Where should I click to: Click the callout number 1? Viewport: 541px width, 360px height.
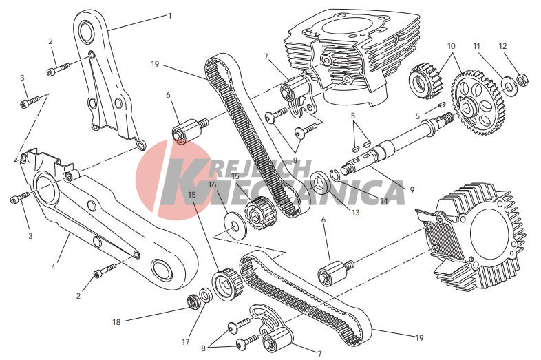pos(169,16)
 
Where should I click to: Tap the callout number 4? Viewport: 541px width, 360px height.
pos(53,267)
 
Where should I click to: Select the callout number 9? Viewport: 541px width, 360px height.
pos(412,189)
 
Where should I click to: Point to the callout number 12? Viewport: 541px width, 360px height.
pos(502,45)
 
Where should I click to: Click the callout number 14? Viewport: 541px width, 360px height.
pos(384,200)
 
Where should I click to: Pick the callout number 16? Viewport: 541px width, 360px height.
pos(212,184)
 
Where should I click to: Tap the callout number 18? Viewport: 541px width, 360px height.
pos(116,322)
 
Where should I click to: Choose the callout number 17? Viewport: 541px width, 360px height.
pos(186,342)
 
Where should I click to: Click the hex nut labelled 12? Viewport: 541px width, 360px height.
pos(521,80)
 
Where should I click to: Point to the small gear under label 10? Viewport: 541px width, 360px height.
pos(426,81)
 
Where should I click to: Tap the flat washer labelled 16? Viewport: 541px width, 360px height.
pos(235,225)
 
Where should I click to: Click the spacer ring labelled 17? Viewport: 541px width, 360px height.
pos(206,296)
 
